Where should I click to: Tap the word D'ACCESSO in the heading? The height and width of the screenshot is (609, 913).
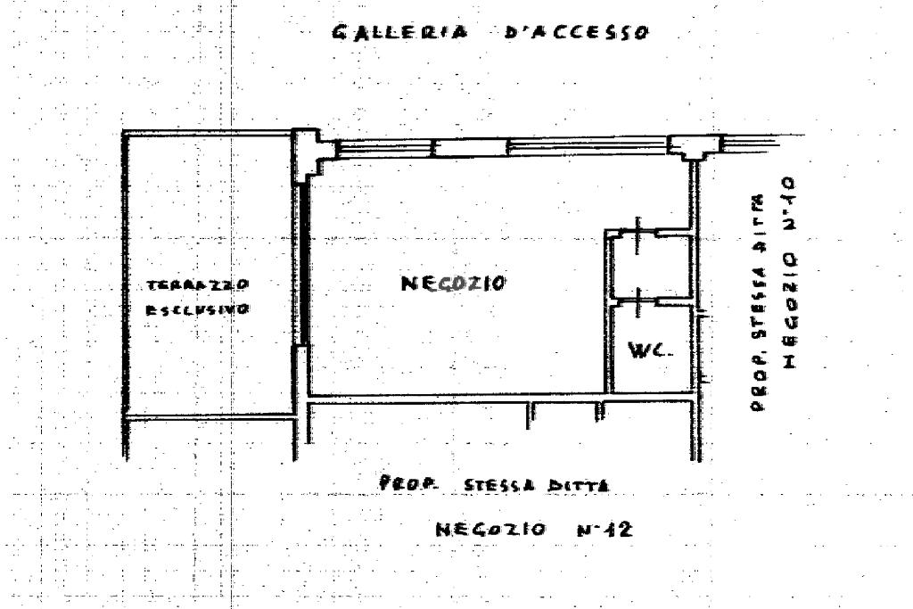(x=576, y=33)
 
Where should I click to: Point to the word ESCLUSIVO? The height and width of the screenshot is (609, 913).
(x=197, y=309)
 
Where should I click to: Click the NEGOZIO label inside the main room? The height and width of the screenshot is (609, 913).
(x=453, y=284)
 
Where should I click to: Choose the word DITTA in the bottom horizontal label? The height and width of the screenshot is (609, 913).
(x=580, y=487)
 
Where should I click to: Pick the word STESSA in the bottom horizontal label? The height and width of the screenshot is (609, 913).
(x=497, y=487)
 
